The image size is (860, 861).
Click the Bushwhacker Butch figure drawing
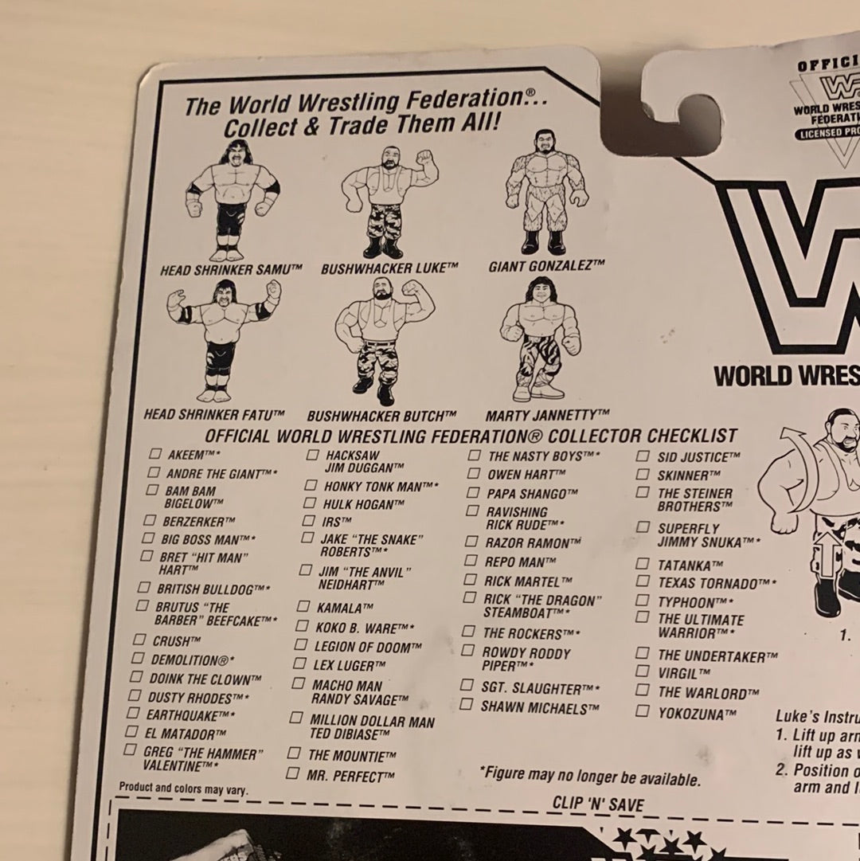pyautogui.click(x=381, y=342)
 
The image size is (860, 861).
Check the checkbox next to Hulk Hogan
pyautogui.click(x=309, y=503)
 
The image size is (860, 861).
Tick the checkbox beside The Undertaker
pyautogui.click(x=643, y=653)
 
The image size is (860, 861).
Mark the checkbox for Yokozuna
pyautogui.click(x=642, y=711)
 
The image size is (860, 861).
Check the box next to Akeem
pyautogui.click(x=154, y=453)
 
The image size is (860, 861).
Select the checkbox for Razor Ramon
pyautogui.click(x=471, y=542)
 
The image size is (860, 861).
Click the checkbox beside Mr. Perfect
pyautogui.click(x=292, y=773)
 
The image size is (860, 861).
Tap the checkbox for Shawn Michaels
pyautogui.click(x=466, y=705)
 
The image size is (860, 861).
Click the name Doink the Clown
pyautogui.click(x=205, y=679)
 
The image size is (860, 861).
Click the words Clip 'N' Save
pyautogui.click(x=598, y=804)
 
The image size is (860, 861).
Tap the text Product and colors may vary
pyautogui.click(x=182, y=788)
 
